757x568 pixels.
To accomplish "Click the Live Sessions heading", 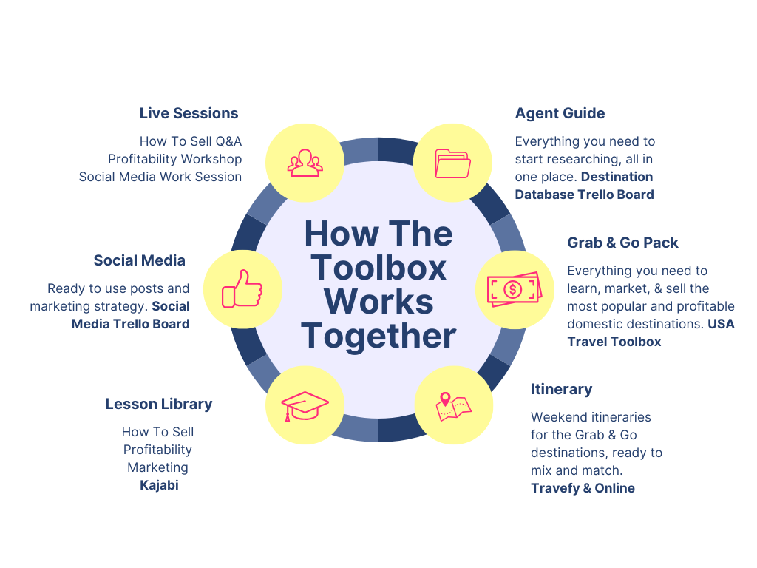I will click(x=189, y=113).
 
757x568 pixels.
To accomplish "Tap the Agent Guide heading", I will click(x=560, y=113).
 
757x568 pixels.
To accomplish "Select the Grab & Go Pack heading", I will click(x=622, y=243).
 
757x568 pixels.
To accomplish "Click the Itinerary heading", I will click(x=561, y=389).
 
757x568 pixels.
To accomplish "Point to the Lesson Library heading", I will click(x=158, y=404).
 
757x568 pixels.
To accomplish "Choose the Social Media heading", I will click(x=139, y=260).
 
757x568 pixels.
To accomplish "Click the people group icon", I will click(x=305, y=163).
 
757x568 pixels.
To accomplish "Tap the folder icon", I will click(x=452, y=163).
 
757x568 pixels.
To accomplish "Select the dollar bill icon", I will click(x=514, y=288).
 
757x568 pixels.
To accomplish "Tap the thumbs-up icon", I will click(x=242, y=288).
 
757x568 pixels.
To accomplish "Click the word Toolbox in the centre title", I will click(x=378, y=268).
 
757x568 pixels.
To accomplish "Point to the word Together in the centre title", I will click(x=378, y=336).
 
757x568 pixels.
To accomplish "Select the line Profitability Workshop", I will click(x=174, y=159).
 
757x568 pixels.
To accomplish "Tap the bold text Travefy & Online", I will click(x=583, y=487).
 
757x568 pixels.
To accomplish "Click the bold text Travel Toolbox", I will click(x=614, y=341).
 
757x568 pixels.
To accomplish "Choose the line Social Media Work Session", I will click(x=160, y=177).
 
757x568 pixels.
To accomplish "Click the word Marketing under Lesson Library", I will click(x=157, y=467).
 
